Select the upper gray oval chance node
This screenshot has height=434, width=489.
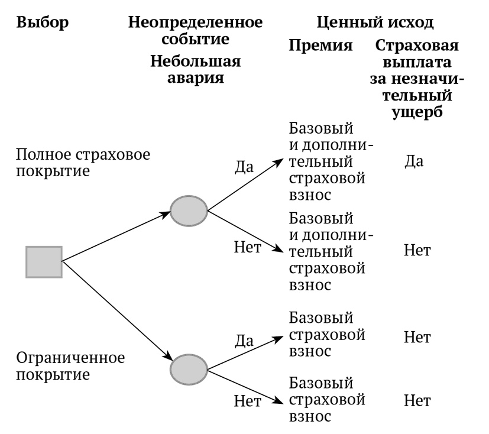pyautogui.click(x=189, y=209)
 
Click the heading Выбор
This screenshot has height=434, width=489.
pyautogui.click(x=43, y=23)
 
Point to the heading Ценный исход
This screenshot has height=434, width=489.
pyautogui.click(x=375, y=23)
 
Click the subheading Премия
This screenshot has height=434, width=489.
pyautogui.click(x=320, y=46)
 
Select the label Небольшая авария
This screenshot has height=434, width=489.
pyautogui.click(x=195, y=69)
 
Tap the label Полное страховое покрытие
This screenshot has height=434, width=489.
pyautogui.click(x=83, y=163)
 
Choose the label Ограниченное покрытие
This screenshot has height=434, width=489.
pyautogui.click(x=70, y=366)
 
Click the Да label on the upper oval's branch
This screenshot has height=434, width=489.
pyautogui.click(x=244, y=166)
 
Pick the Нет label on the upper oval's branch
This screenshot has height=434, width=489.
pyautogui.click(x=248, y=247)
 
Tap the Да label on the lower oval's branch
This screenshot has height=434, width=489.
pyautogui.click(x=244, y=340)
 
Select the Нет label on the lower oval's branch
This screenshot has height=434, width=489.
pyautogui.click(x=248, y=401)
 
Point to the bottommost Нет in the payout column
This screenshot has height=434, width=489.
pyautogui.click(x=417, y=401)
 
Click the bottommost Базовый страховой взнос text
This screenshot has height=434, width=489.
pyautogui.click(x=326, y=399)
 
